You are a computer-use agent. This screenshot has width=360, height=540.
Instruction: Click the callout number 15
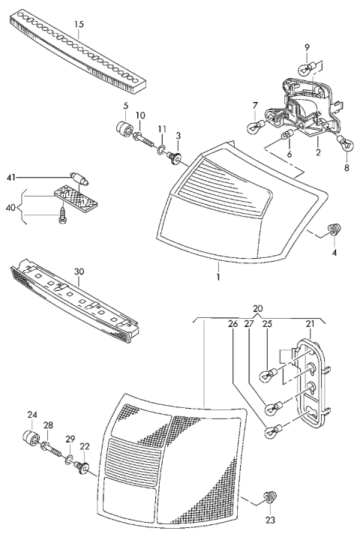(x=79, y=25)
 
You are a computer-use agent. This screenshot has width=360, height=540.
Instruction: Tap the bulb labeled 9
(x=304, y=70)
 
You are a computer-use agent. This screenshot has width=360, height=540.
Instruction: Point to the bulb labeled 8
(x=346, y=142)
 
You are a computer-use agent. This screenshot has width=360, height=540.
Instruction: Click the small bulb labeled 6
(x=286, y=135)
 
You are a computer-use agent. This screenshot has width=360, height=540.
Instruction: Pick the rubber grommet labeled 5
(x=124, y=130)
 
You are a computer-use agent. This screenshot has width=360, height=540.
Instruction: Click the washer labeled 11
(x=161, y=150)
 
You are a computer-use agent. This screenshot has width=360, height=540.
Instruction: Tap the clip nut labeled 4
(x=333, y=229)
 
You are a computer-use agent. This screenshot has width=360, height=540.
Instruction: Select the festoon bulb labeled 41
(x=79, y=178)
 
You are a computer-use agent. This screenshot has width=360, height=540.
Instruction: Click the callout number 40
(x=10, y=208)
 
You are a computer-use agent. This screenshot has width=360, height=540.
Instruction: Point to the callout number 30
(x=79, y=271)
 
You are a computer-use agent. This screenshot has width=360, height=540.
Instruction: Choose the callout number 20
(x=258, y=308)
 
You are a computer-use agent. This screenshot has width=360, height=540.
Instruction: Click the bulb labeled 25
(x=271, y=374)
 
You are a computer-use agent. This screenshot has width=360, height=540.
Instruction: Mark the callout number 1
(x=217, y=277)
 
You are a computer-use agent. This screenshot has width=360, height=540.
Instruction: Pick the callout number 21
(x=310, y=324)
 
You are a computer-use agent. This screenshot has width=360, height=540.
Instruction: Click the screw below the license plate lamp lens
(x=63, y=214)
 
